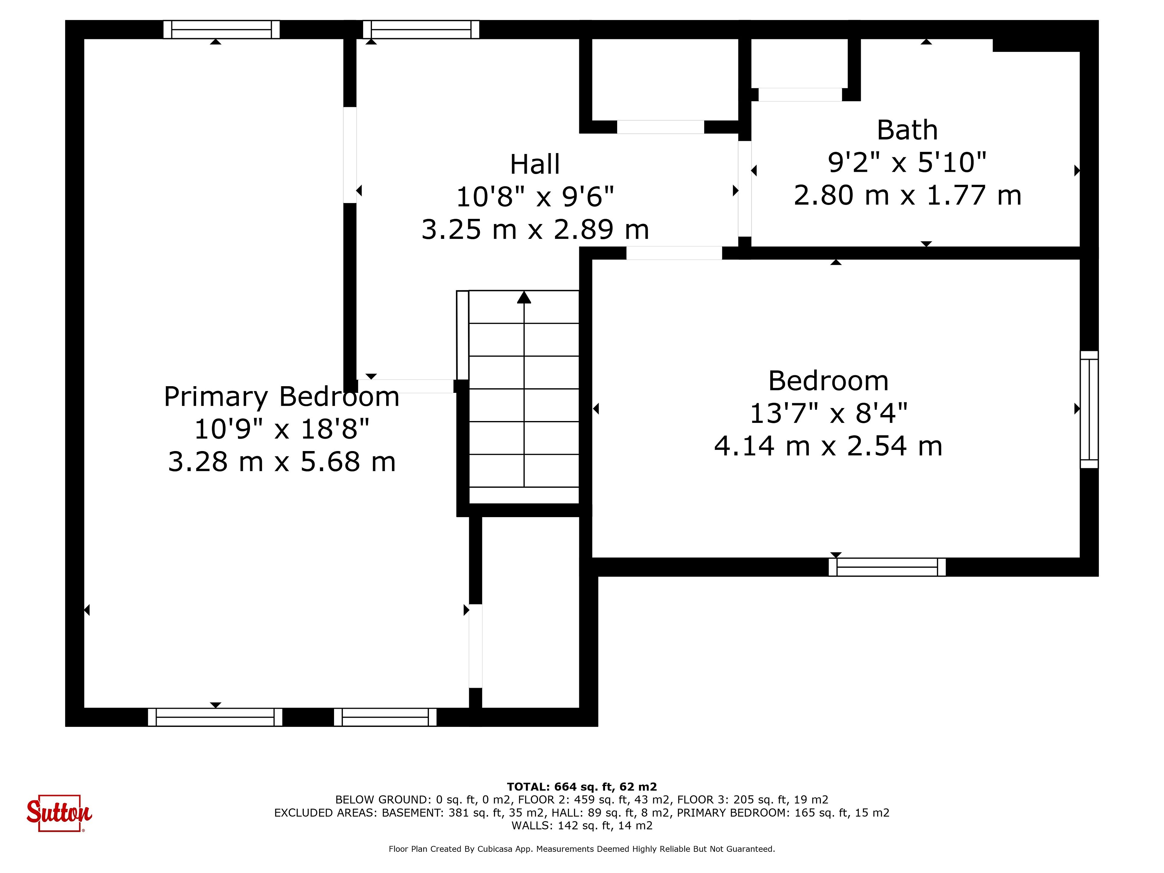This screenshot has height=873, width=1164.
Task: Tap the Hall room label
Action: [535, 164]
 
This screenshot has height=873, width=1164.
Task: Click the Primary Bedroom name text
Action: [282, 397]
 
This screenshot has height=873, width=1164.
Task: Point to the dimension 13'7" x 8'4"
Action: [828, 413]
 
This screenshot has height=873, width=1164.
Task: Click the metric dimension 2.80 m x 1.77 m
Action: [907, 195]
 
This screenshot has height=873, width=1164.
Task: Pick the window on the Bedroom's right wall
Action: [1089, 410]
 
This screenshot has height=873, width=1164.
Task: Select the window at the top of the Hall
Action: [421, 29]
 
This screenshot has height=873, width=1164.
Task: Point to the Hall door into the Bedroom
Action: [674, 253]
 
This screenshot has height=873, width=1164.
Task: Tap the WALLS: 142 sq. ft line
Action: [582, 826]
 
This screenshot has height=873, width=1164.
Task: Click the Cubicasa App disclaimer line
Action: [582, 849]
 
